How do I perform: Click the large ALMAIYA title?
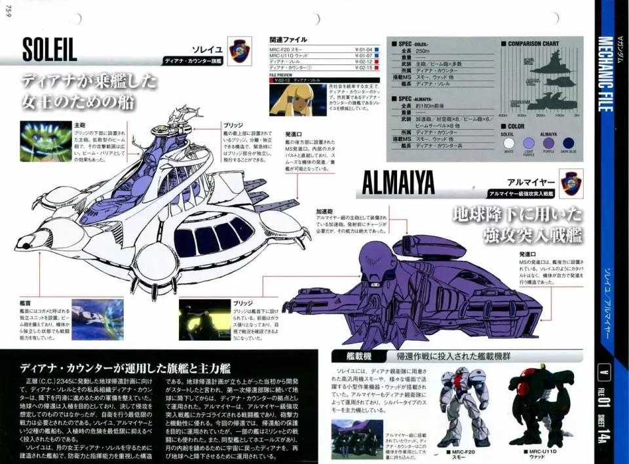398,184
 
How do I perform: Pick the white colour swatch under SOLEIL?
508,144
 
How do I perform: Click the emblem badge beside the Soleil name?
240,50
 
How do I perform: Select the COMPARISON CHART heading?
533,44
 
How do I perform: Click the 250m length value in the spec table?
422,50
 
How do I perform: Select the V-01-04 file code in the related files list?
364,49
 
